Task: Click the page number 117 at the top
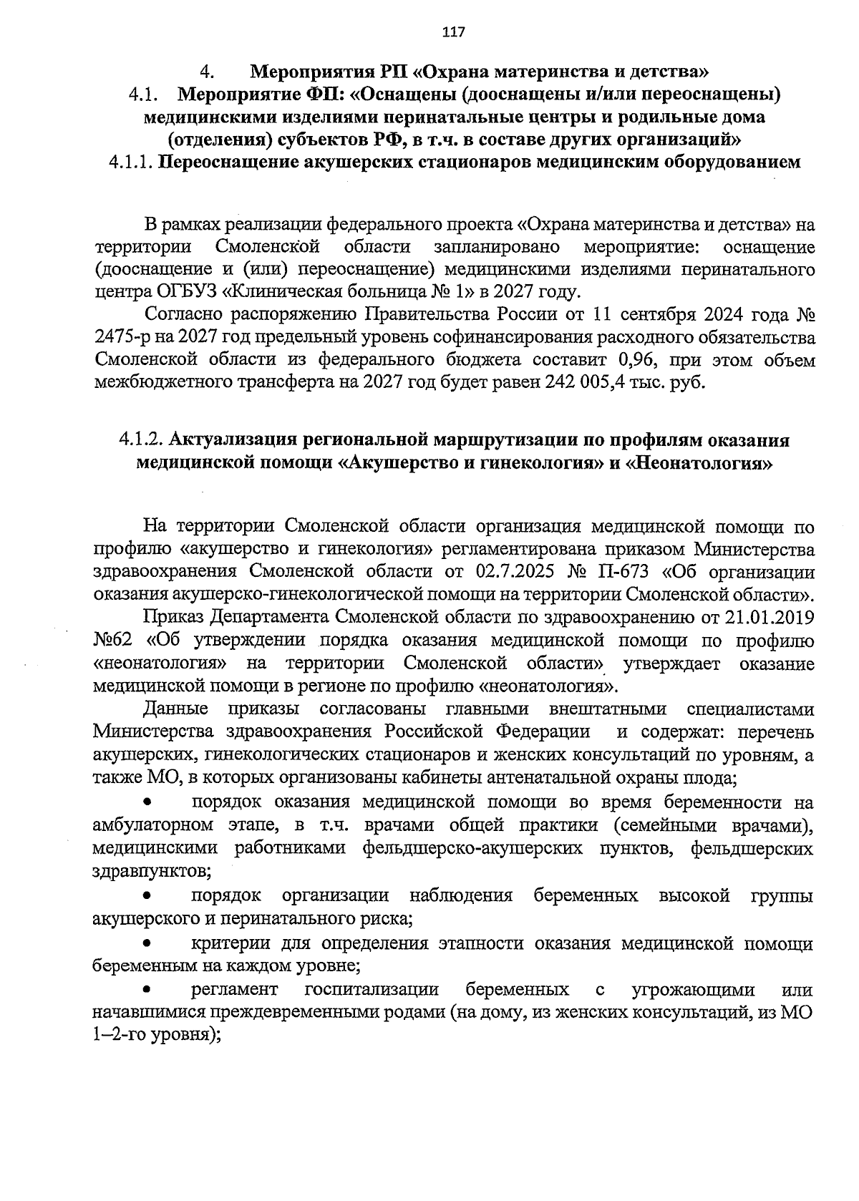pyautogui.click(x=454, y=31)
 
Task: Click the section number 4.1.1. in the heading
pyautogui.click(x=131, y=162)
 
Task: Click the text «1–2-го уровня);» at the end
pyautogui.click(x=155, y=1036)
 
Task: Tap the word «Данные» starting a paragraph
pyautogui.click(x=176, y=709)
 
